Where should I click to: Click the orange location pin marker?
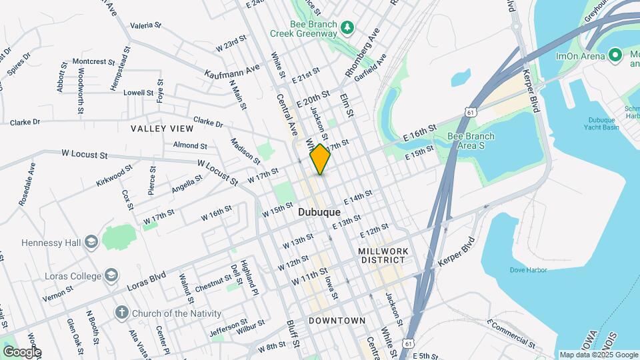(320, 159)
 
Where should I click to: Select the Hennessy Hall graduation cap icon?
(91, 241)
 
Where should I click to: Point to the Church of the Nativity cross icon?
(121, 313)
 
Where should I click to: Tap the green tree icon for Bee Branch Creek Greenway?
(347, 27)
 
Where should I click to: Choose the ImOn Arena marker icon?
(615, 55)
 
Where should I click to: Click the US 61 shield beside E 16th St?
(471, 112)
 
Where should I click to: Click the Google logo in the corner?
(21, 352)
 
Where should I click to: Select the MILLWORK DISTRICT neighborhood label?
(381, 255)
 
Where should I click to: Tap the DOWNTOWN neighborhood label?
(337, 321)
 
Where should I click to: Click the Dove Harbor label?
(528, 270)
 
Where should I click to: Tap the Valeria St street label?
(146, 25)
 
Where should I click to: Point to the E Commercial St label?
(511, 333)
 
